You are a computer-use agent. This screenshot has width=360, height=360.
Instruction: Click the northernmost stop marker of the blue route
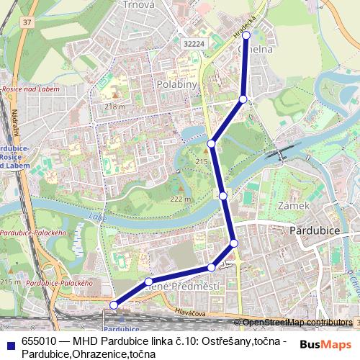click(x=246, y=35)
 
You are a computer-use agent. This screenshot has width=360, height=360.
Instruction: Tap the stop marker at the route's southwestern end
click(x=113, y=305)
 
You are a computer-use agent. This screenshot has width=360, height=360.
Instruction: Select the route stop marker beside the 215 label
click(x=212, y=144)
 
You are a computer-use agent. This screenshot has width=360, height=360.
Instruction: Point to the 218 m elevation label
click(x=114, y=107)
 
